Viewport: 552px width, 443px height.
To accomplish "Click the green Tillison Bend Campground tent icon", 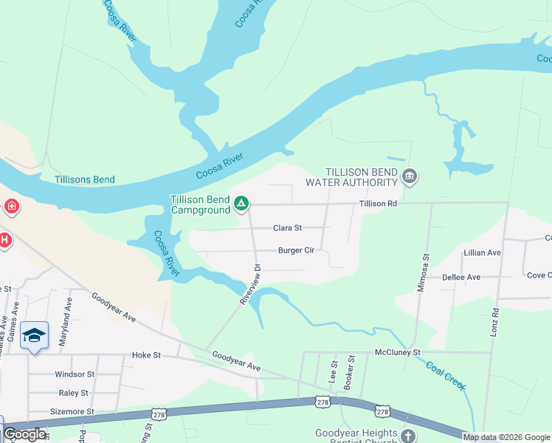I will click(241, 203).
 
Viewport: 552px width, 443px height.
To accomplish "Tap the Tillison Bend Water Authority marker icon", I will click(410, 176).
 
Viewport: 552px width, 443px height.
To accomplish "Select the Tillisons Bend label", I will click(84, 179).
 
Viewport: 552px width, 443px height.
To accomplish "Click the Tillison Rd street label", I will click(378, 204).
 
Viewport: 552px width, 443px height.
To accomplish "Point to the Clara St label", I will click(288, 228).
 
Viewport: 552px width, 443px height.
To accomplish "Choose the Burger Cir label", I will click(296, 250).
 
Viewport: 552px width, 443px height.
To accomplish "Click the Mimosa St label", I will click(424, 272).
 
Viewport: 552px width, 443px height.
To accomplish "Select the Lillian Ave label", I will click(482, 253).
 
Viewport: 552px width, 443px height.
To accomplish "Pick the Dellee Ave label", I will click(460, 278).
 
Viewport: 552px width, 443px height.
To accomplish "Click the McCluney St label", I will click(397, 352).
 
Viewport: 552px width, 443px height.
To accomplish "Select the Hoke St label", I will click(146, 355).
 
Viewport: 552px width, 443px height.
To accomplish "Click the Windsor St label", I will click(75, 374).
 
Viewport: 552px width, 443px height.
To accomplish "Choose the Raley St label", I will click(74, 393).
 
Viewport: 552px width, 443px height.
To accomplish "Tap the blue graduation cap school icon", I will click(34, 336).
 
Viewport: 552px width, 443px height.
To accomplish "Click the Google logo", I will click(24, 434).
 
